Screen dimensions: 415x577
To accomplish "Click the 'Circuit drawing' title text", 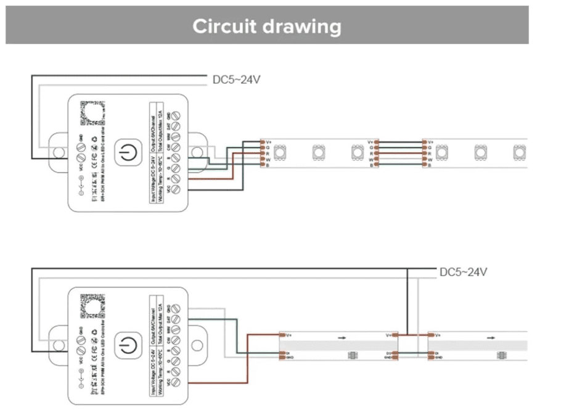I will pos(266,27).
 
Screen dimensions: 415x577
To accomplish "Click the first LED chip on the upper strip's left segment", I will pos(279,152).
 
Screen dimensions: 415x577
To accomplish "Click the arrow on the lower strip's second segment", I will pos(491,338).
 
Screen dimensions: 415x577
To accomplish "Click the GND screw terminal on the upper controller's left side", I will pos(80,148).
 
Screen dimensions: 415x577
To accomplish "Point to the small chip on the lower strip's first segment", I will pos(353,355).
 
